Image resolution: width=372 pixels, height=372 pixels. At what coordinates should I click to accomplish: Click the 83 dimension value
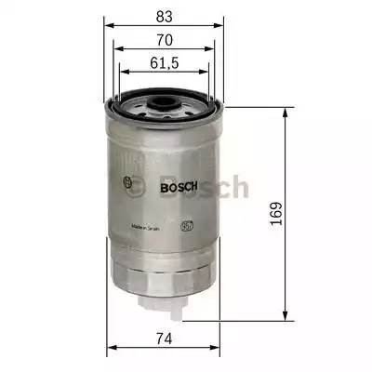coord(165,14)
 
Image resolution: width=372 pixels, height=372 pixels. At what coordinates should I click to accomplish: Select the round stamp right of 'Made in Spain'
coord(186,224)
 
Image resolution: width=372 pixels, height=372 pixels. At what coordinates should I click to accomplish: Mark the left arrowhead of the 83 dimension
coord(107,26)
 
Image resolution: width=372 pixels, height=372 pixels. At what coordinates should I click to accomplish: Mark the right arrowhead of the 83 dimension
coord(223,26)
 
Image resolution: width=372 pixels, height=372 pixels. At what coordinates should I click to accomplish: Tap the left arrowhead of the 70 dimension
coord(116,50)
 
